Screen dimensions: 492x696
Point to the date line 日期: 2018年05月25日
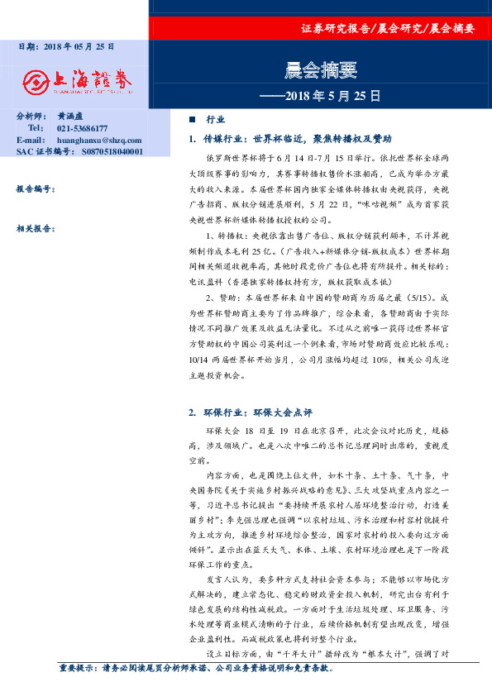pos(66,48)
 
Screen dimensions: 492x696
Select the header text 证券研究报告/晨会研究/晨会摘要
pos(388,28)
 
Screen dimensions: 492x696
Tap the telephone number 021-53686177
pos(82,129)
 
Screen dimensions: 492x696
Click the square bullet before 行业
pos(193,119)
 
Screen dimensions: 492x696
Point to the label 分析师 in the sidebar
pos(30,117)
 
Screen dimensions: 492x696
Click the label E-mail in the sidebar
pos(29,141)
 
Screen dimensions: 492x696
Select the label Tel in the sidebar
pos(35,129)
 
